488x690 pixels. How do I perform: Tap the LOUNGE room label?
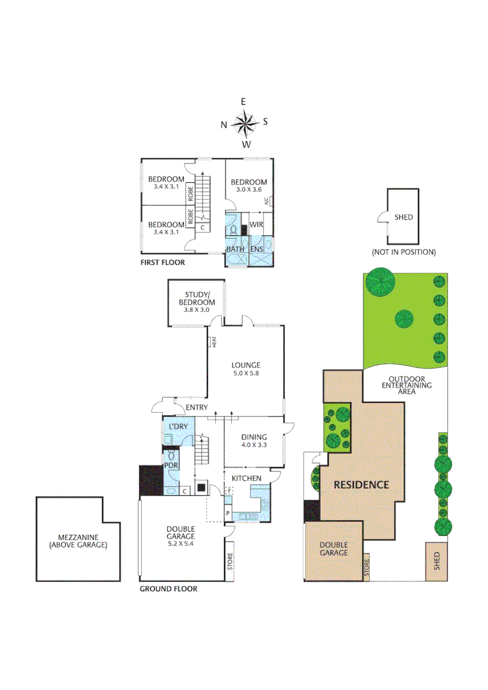click(x=246, y=365)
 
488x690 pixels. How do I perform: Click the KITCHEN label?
click(x=246, y=478)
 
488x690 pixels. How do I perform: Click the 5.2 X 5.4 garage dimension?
click(x=181, y=544)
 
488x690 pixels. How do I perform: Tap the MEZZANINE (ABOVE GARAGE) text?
click(x=77, y=541)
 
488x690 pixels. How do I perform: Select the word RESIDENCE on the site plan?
click(x=362, y=484)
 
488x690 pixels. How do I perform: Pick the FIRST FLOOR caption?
click(x=163, y=263)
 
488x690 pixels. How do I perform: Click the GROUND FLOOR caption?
click(x=168, y=588)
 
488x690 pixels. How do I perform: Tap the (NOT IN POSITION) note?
click(x=404, y=252)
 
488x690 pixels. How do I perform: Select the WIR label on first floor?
click(x=256, y=225)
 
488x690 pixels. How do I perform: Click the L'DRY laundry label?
click(x=177, y=426)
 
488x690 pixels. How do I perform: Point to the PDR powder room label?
click(x=171, y=466)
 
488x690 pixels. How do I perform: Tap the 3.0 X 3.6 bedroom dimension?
click(x=249, y=190)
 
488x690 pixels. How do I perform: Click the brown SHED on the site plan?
click(x=437, y=561)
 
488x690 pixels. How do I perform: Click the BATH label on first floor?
click(x=235, y=249)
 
